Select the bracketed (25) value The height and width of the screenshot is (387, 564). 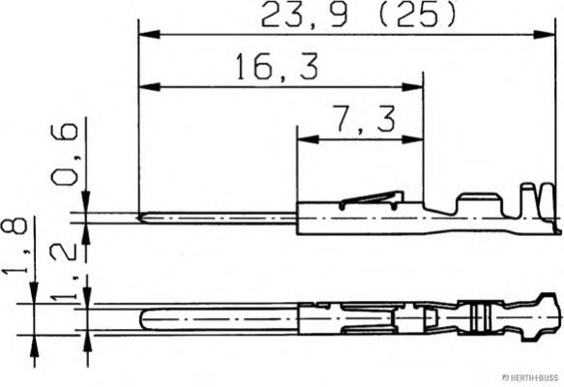click(418, 15)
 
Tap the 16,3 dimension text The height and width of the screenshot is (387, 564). click(277, 67)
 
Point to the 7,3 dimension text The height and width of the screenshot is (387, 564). click(365, 119)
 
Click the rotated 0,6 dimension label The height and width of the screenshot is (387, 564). click(65, 155)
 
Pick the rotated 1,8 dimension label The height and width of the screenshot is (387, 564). click(15, 247)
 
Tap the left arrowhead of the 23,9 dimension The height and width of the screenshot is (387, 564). click(149, 35)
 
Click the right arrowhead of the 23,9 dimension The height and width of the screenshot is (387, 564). click(544, 35)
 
